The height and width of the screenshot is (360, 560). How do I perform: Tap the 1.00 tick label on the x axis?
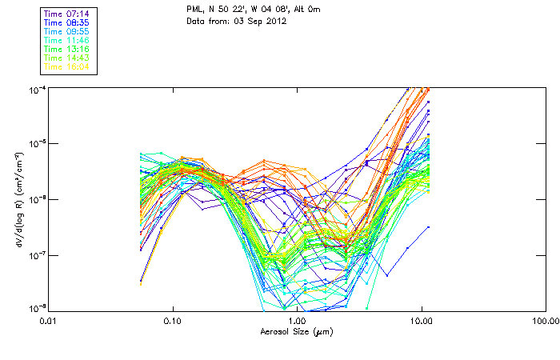(x=297, y=322)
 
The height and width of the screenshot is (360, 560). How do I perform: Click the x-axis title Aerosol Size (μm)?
(x=296, y=331)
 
